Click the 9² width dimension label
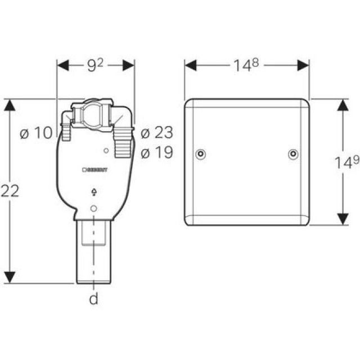click(96, 66)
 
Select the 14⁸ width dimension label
click(247, 66)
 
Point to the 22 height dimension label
click(11, 191)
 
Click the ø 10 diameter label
click(35, 133)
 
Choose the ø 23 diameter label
click(156, 133)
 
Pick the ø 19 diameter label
click(156, 152)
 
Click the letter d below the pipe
click(94, 299)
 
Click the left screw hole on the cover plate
click(201, 154)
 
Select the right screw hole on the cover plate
click(292, 154)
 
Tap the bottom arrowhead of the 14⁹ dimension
click(342, 220)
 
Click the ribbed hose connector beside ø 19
click(121, 146)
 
